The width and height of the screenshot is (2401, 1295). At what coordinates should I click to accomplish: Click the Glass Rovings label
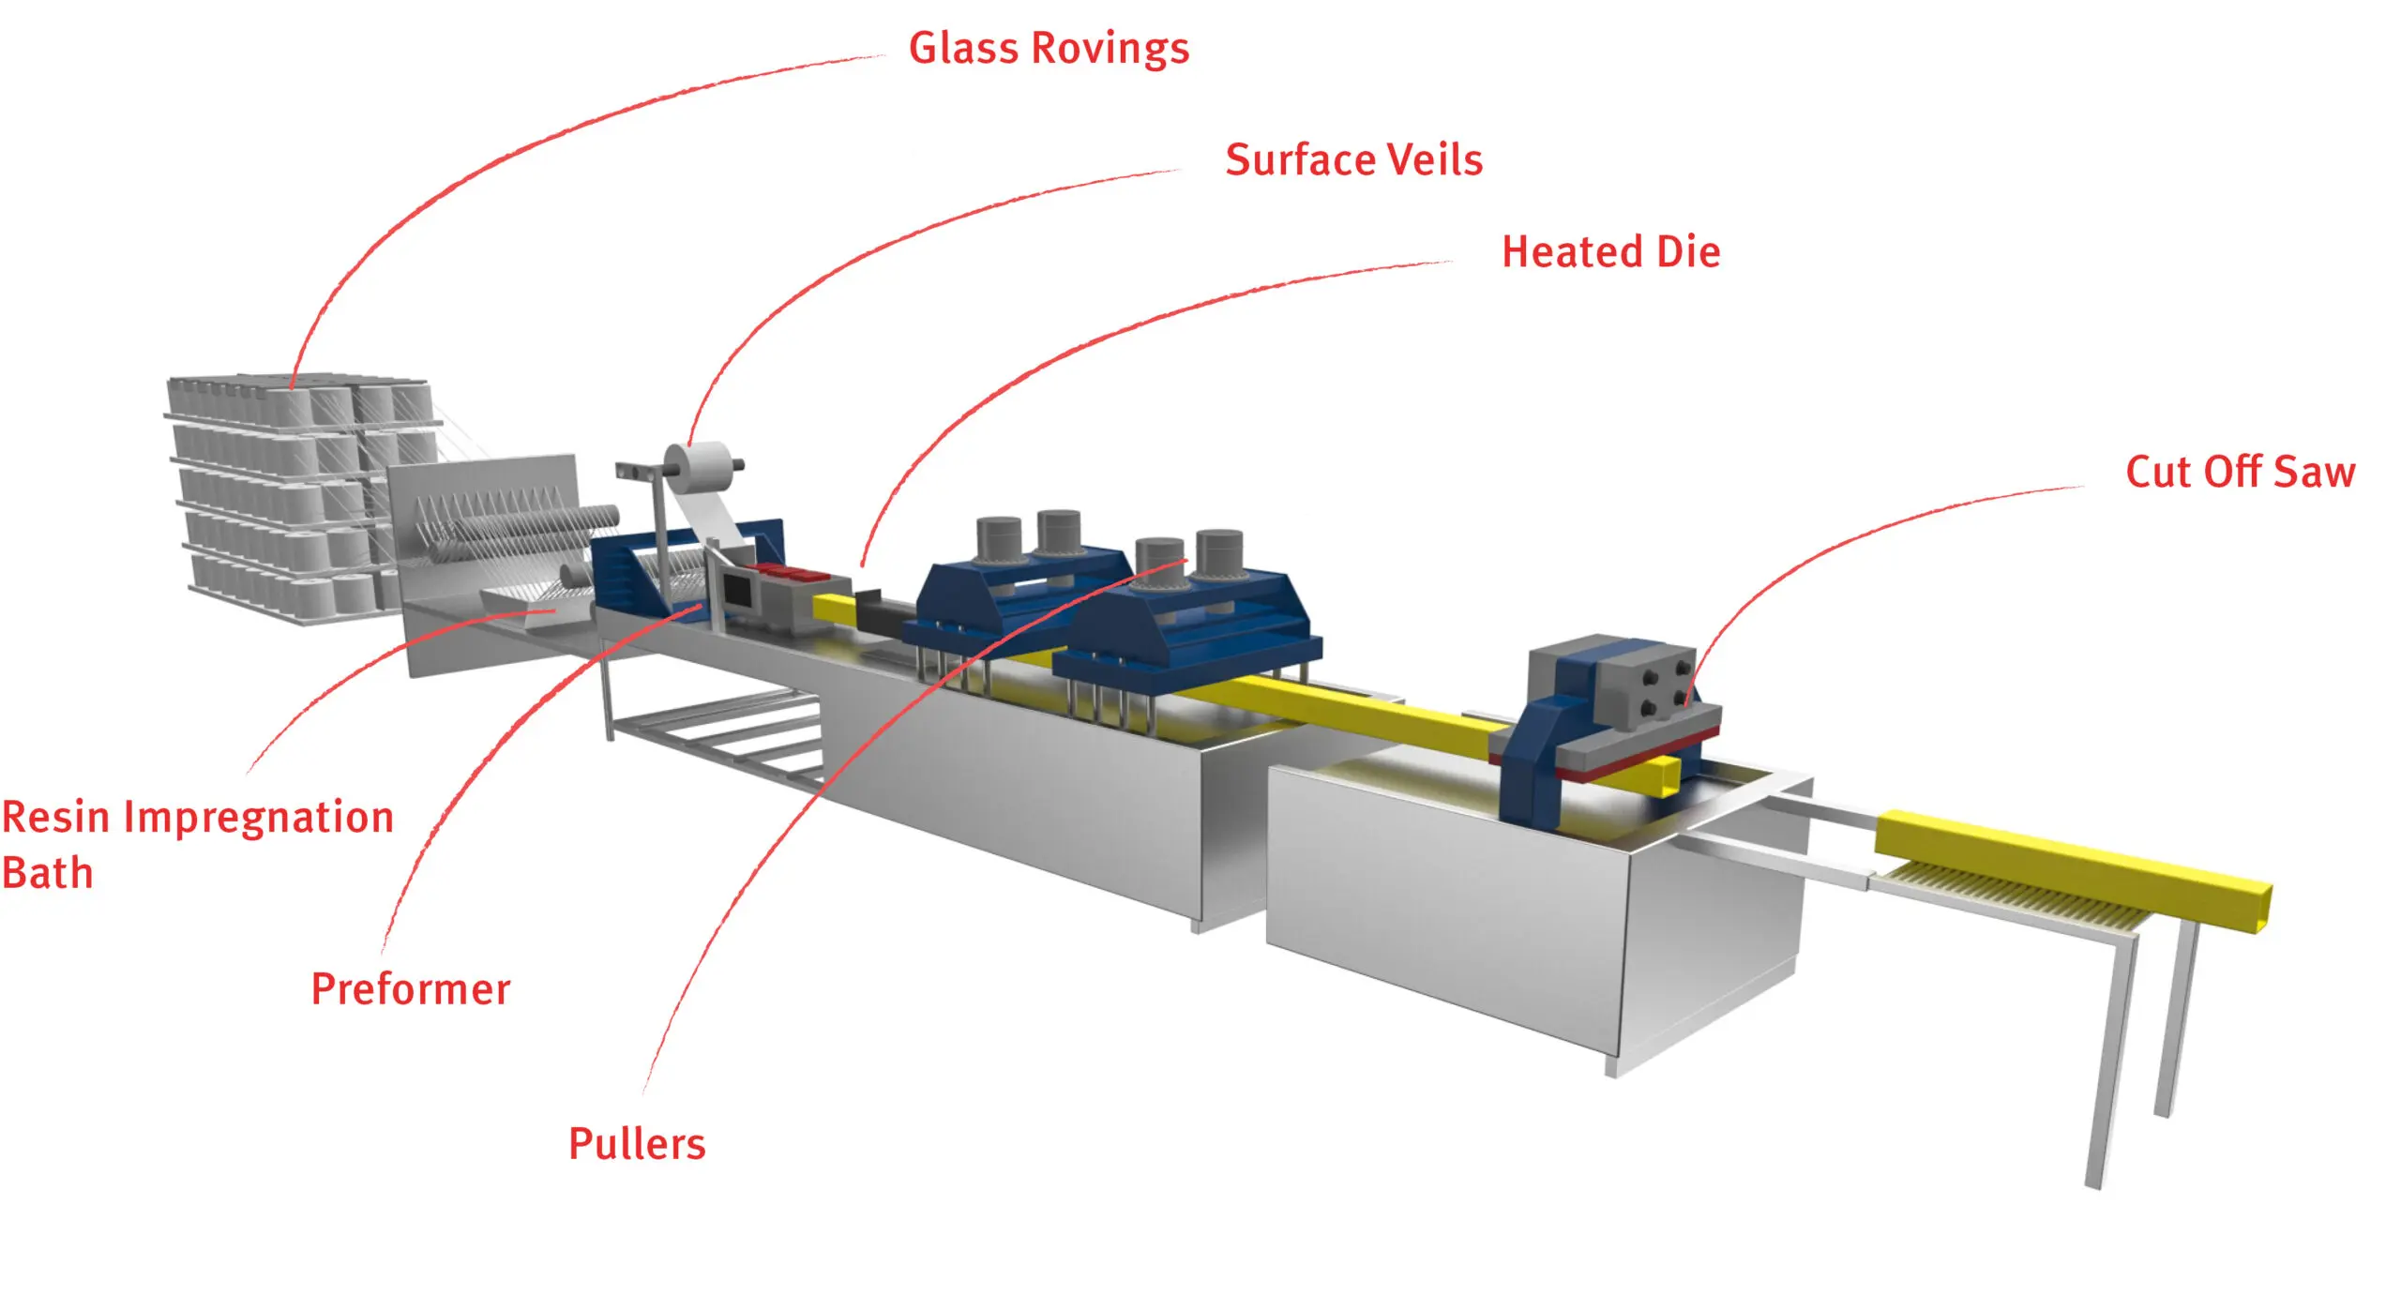pos(1049,48)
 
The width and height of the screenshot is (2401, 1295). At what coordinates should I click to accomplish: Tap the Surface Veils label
pos(1353,160)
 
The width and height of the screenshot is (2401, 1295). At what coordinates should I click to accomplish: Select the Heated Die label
pos(1610,252)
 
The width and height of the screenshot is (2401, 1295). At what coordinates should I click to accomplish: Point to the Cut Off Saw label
pos(2240,472)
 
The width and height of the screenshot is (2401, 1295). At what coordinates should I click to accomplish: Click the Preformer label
pos(411,989)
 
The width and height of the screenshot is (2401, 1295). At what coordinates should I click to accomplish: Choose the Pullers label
pos(637,1144)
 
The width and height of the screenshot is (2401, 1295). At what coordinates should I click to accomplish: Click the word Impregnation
pos(258,818)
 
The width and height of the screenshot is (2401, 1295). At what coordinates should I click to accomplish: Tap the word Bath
pos(47,874)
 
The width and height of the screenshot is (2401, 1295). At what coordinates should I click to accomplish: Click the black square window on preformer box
pos(737,592)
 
